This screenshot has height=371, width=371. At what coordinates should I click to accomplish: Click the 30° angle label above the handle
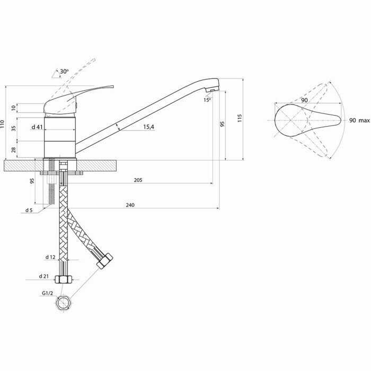point(64,71)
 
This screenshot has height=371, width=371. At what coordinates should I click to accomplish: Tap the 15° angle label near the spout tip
point(206,99)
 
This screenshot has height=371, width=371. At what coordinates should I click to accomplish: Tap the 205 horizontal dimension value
point(138,180)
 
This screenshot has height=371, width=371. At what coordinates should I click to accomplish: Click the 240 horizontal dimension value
point(130,205)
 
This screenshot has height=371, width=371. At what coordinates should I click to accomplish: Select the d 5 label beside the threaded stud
point(29,210)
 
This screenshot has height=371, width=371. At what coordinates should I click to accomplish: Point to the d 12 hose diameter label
point(50,257)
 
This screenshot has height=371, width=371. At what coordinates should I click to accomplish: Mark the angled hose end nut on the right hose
point(105,261)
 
